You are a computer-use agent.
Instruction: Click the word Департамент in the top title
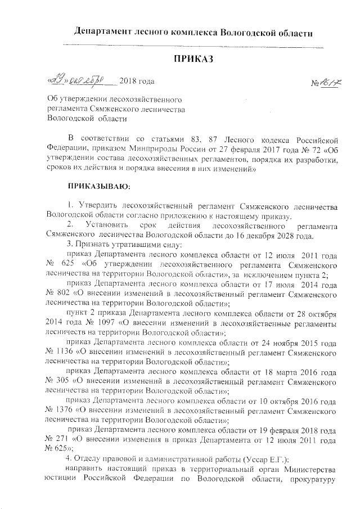pyautogui.click(x=105, y=32)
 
